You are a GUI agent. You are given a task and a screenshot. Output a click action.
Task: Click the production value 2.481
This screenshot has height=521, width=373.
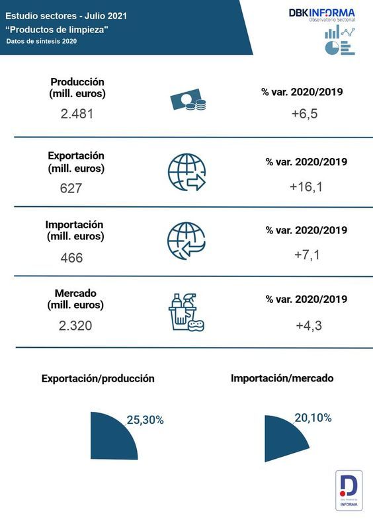(77, 113)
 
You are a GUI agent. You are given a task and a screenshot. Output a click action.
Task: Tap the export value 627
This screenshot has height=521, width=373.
(70, 188)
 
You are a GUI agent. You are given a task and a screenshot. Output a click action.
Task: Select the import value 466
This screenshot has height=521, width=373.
(71, 257)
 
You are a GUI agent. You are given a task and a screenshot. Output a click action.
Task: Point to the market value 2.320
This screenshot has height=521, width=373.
(75, 325)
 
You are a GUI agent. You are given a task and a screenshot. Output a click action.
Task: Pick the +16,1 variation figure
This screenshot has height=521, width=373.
(306, 187)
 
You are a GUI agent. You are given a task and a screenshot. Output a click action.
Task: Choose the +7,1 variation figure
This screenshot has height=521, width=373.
(306, 255)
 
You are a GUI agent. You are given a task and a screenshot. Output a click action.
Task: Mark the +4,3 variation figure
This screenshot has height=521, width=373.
(308, 325)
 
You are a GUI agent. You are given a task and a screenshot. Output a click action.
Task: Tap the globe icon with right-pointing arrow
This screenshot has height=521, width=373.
(186, 172)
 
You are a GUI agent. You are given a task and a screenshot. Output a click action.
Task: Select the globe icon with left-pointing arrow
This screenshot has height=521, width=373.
(186, 240)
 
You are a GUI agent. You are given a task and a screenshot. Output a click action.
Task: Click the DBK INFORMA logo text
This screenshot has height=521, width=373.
(321, 13)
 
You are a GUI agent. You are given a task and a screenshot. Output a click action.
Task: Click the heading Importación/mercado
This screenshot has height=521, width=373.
(282, 378)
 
